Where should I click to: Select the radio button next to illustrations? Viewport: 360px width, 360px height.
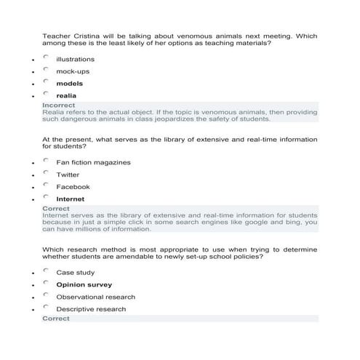click(46, 57)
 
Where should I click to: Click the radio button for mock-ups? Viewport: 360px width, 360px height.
click(46, 69)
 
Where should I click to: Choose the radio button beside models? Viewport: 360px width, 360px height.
click(46, 81)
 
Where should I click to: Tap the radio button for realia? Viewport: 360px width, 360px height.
click(46, 93)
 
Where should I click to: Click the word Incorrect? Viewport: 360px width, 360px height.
click(58, 105)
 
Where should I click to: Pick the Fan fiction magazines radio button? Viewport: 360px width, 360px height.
click(46, 161)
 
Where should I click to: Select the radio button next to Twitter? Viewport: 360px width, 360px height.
click(46, 173)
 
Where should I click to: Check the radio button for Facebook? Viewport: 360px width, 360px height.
click(46, 185)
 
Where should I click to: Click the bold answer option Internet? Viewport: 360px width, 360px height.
click(71, 199)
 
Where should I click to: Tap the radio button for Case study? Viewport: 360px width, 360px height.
click(46, 271)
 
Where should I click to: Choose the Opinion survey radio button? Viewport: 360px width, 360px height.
click(46, 283)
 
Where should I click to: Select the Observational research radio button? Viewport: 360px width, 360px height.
click(46, 295)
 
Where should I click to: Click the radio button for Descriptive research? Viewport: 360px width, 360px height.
click(46, 308)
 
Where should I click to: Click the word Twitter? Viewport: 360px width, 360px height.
click(68, 175)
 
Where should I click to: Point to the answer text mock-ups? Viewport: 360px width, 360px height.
click(73, 71)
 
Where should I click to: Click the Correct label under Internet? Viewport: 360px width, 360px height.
click(56, 209)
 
